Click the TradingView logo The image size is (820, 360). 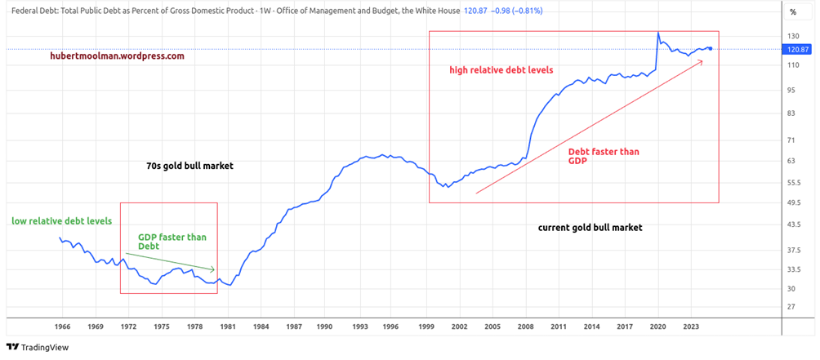38,347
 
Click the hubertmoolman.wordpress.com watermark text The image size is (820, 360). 117,56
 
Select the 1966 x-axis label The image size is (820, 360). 62,327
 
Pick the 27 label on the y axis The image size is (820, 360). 791,307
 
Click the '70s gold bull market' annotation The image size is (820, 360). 189,166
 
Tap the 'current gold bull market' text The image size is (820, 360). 590,228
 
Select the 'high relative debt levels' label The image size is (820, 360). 501,70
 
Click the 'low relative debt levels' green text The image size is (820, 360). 62,221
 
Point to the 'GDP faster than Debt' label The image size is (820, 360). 172,242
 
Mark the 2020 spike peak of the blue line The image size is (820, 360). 658,33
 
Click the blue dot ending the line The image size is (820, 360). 711,49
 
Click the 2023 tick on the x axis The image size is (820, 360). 689,327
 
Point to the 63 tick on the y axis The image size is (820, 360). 791,161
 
